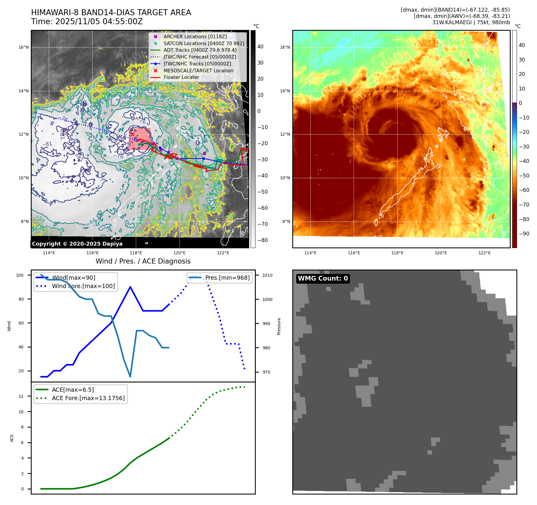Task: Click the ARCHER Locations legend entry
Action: pos(195,36)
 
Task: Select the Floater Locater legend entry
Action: pos(181,77)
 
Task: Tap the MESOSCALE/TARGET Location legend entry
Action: pos(198,71)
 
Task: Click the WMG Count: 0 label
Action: pos(323,278)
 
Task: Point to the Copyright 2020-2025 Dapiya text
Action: pos(77,244)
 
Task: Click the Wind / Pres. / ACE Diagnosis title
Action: pos(143,261)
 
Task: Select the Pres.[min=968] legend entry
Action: pos(227,278)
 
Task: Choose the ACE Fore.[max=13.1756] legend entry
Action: pos(88,398)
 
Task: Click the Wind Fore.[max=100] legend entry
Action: pos(83,286)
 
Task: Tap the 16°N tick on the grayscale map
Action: pos(24,47)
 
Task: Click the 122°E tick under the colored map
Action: pos(484,253)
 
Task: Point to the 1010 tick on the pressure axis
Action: pos(267,275)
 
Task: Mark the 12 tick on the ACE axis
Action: pos(21,396)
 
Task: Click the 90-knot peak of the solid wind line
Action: pos(130,287)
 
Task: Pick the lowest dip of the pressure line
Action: pos(130,377)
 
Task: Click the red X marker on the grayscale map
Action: pos(132,134)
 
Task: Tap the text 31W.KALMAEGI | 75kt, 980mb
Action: pos(471,22)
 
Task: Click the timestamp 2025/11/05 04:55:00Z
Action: pos(99,22)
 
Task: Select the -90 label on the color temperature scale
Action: pos(524,234)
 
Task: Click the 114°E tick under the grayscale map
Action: pos(49,253)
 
